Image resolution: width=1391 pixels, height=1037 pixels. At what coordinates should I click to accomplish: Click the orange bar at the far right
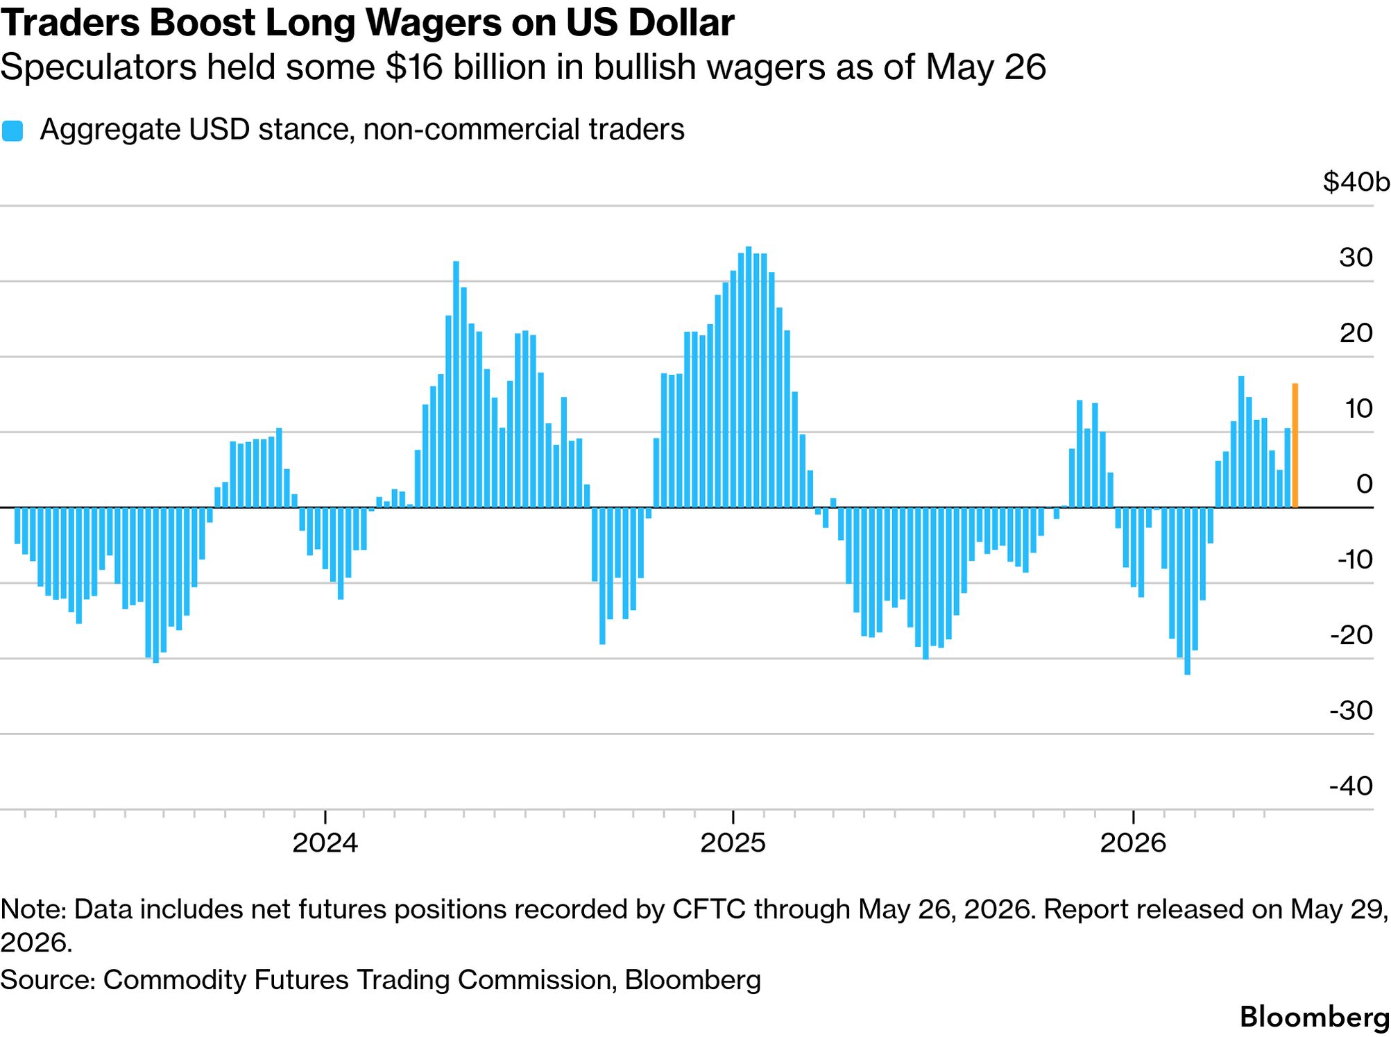[1295, 445]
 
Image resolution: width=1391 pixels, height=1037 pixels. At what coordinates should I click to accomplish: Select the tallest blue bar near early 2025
[749, 377]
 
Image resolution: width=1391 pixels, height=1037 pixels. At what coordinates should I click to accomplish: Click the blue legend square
[12, 130]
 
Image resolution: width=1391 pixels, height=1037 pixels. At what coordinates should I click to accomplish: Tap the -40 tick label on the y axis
[1351, 786]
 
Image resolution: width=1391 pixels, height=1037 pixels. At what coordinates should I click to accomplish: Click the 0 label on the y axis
[1365, 484]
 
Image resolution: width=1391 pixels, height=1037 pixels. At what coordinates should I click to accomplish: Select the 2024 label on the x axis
[325, 843]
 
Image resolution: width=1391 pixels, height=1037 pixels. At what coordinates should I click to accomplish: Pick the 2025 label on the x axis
[733, 843]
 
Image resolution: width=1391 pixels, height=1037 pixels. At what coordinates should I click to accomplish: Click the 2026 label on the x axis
[1133, 843]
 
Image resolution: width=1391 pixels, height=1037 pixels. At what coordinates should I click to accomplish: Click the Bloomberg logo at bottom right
[1315, 1017]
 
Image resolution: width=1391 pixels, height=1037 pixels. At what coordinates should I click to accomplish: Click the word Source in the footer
[47, 979]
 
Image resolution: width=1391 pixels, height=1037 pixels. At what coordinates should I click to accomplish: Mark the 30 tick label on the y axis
[1356, 258]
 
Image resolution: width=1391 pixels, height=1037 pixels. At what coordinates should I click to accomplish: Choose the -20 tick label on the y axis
[1351, 634]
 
